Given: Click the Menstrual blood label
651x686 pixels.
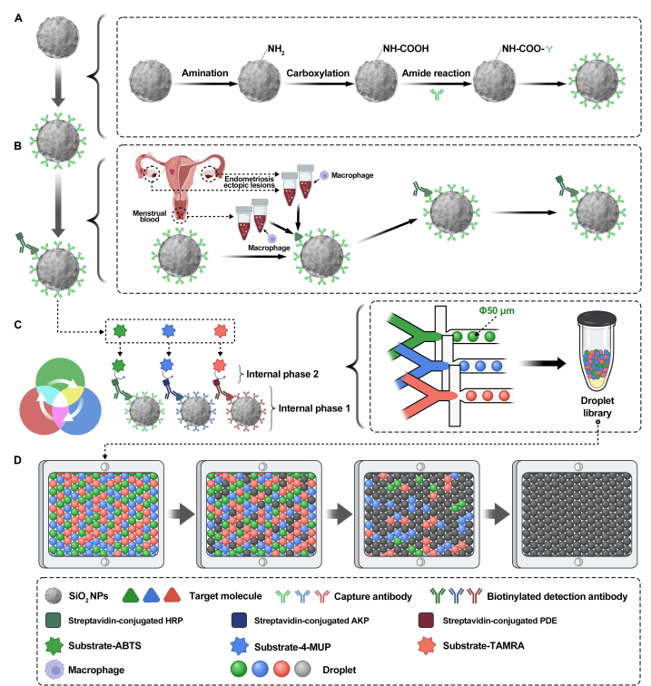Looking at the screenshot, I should [x=148, y=216].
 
